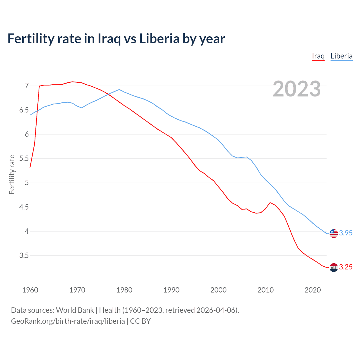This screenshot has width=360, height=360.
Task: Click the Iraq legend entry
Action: [x=318, y=56]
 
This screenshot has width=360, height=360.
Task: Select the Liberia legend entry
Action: [x=341, y=56]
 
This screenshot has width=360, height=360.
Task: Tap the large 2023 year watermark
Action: [x=297, y=89]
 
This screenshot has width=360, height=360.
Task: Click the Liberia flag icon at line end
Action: [x=334, y=233]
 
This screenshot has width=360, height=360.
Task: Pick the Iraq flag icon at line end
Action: [x=334, y=267]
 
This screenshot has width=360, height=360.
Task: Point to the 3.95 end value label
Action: [x=346, y=233]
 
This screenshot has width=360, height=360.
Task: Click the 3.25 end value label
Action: [x=346, y=267]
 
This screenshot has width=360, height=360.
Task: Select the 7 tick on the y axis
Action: [x=27, y=85]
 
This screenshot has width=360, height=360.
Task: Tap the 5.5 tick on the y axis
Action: [x=24, y=159]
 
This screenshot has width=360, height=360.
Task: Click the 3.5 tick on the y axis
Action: [x=24, y=256]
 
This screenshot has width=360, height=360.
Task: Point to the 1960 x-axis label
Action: [x=30, y=290]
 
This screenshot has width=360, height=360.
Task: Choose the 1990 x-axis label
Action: [x=171, y=290]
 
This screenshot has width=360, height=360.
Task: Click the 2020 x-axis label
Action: [x=312, y=290]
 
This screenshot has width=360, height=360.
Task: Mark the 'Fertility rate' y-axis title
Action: [x=12, y=174]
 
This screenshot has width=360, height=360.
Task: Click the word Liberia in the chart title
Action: [x=159, y=39]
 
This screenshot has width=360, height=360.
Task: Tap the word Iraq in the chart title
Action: [x=109, y=39]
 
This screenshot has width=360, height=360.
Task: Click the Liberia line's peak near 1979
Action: [x=119, y=89]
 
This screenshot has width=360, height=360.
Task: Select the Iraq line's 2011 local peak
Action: [x=270, y=202]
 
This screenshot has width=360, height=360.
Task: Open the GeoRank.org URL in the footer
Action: [x=68, y=321]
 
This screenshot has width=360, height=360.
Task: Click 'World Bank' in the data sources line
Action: [x=75, y=310]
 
